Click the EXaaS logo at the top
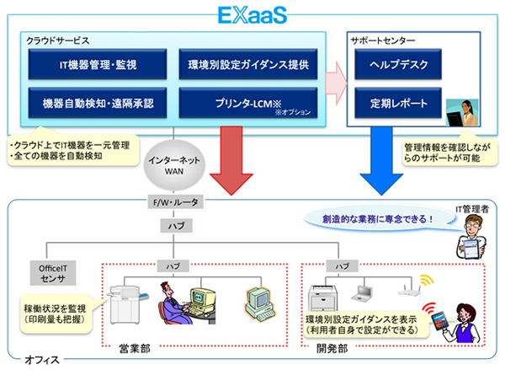pos(252,16)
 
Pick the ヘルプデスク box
pos(393,64)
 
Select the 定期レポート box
pos(393,104)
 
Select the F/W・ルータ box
pos(173,203)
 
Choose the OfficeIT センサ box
pos(54,274)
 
